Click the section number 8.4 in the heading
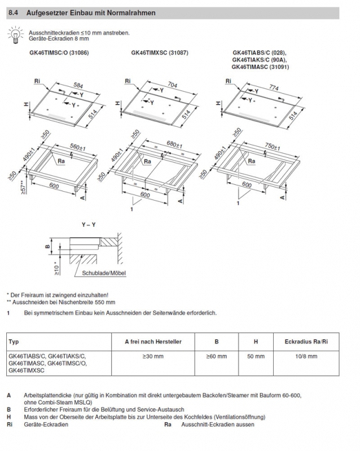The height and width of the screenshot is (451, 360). pyautogui.click(x=14, y=12)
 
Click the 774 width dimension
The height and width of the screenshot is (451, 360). pyautogui.click(x=274, y=88)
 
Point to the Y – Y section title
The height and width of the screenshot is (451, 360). pyautogui.click(x=89, y=225)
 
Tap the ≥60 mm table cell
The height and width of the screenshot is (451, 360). pyautogui.click(x=216, y=356)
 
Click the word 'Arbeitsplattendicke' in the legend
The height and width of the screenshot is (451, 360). pyautogui.click(x=47, y=396)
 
